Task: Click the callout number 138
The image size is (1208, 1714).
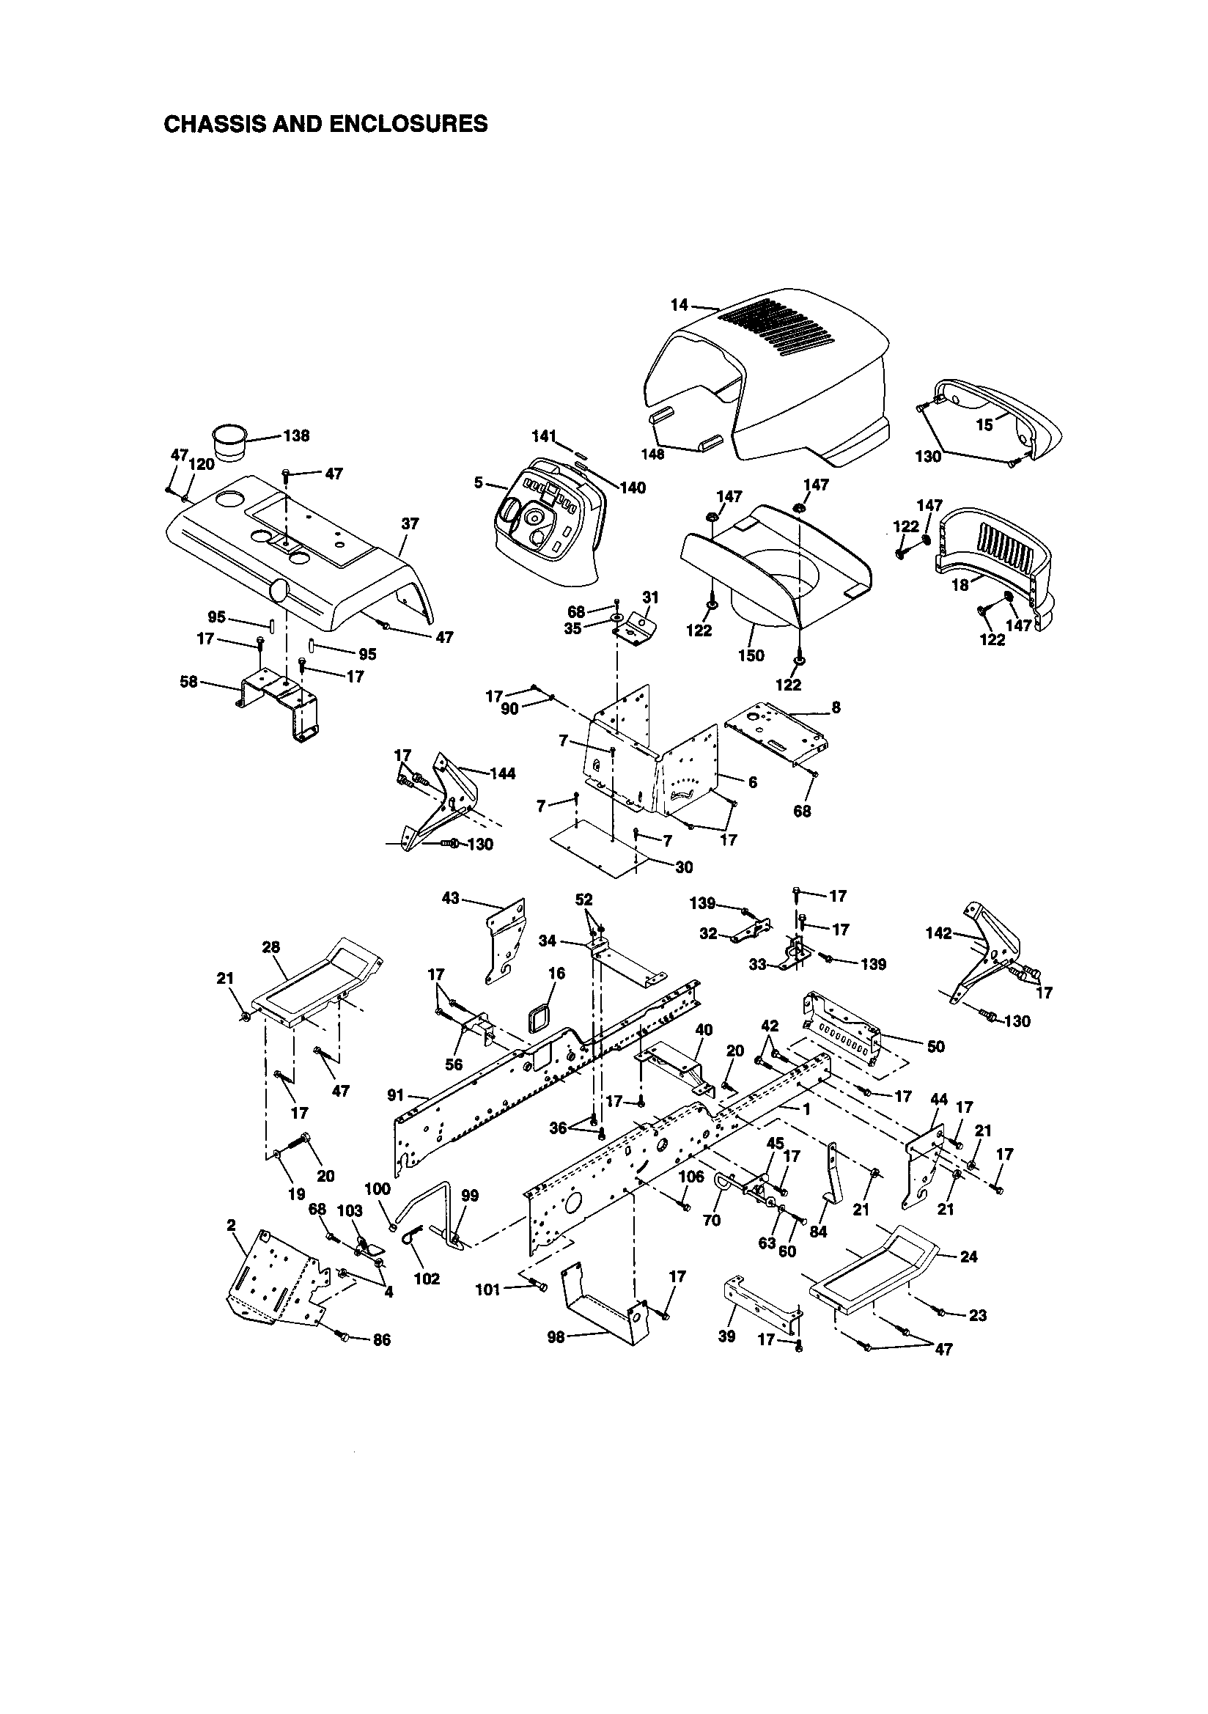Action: click(296, 436)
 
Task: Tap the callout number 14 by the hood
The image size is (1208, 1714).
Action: click(678, 304)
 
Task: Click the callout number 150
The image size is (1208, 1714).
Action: click(751, 655)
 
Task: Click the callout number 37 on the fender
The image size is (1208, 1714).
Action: click(410, 524)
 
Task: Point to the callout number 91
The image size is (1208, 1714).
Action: click(397, 1095)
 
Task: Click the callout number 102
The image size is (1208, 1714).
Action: click(427, 1278)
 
